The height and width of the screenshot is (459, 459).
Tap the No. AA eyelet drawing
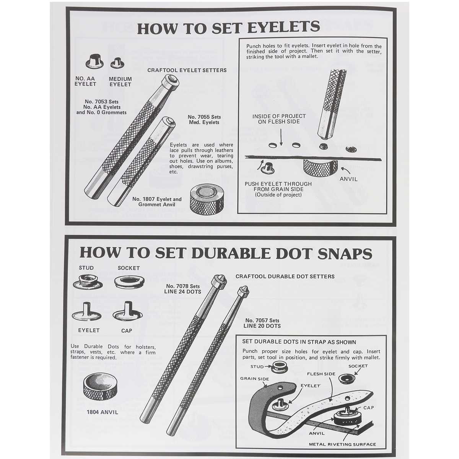pos(94,61)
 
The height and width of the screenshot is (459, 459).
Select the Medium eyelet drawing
pos(118,63)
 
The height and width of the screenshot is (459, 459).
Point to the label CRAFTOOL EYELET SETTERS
pos(187,70)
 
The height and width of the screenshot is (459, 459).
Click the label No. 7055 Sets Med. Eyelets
pos(204,120)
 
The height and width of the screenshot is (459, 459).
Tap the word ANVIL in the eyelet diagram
pos(348,179)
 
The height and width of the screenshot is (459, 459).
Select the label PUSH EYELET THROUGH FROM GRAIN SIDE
pos(278,187)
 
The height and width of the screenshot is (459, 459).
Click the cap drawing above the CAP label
pos(128,311)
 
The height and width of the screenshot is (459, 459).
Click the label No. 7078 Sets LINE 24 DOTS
pos(182,289)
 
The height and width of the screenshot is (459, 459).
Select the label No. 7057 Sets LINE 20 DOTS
pos(262,323)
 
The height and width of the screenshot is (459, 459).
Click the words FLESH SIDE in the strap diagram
pos(321,374)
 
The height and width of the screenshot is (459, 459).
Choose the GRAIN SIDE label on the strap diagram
pos(254,379)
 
